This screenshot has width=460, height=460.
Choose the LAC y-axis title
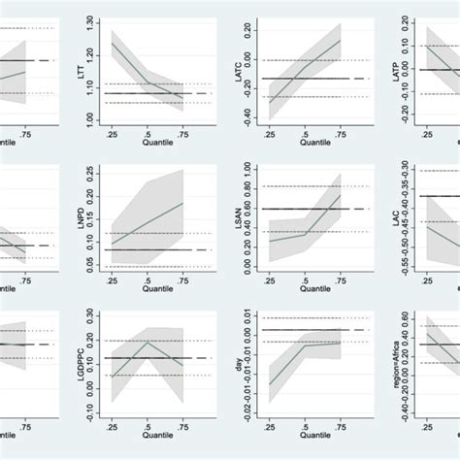tap(397, 215)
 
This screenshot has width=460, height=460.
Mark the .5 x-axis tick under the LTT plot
tap(147, 131)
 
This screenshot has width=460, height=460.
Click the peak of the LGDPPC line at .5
tap(147, 342)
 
